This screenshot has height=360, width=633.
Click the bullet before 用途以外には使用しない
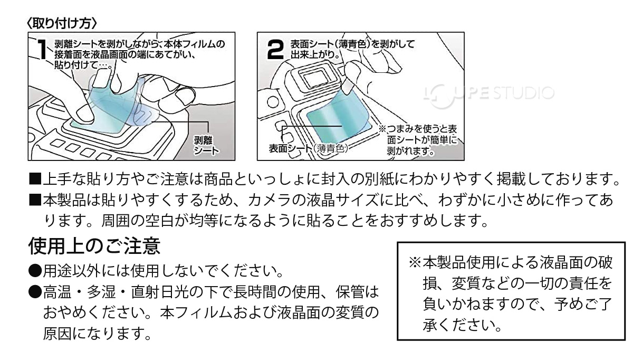[35, 272]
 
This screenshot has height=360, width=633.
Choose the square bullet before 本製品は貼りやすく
[35, 201]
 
